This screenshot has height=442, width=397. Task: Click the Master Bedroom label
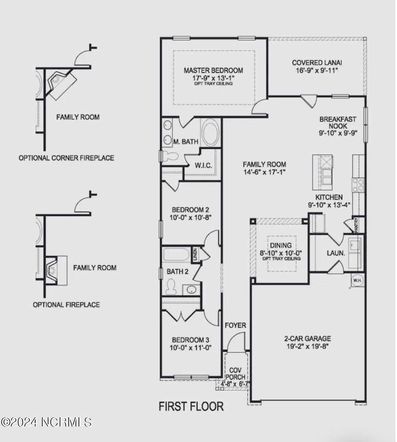coord(213,70)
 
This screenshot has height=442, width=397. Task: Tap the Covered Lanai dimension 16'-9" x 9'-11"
coord(317,71)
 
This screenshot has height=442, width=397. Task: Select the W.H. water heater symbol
coord(357,280)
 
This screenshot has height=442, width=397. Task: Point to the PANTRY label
coord(356,225)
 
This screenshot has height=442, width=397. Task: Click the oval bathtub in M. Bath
coord(210,132)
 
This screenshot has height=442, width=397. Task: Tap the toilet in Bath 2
coord(171,287)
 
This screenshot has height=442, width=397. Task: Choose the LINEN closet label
coord(195,254)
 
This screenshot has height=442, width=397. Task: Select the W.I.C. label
coord(203,165)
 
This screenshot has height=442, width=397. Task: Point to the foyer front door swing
coord(235,342)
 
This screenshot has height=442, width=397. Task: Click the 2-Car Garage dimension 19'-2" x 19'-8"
coord(308,346)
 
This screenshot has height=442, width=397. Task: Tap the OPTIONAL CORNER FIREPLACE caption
coord(66,158)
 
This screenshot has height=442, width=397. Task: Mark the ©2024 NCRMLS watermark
coord(46,422)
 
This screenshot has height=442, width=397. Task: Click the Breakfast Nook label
coord(338,123)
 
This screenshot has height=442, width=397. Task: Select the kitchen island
coord(323,172)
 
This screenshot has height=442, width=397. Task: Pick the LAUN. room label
coord(336,253)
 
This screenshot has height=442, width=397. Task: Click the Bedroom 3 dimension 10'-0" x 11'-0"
coord(190,348)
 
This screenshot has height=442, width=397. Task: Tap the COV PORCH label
coord(235,373)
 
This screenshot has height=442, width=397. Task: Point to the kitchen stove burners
coord(358,185)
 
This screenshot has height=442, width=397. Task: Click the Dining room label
coord(281,245)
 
